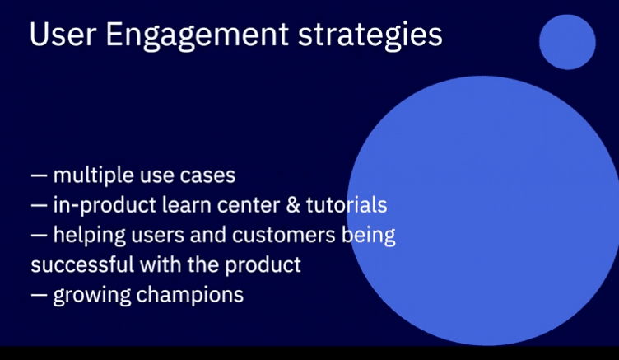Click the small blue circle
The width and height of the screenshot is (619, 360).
(x=567, y=42)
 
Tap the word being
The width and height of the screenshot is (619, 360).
(x=368, y=236)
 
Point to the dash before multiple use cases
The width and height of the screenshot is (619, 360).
(x=39, y=175)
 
